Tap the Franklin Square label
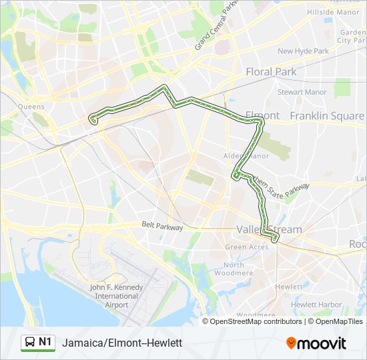[327, 116]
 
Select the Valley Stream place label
[269, 229]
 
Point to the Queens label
[31, 107]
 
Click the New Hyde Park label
[303, 51]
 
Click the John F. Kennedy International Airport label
[109, 296]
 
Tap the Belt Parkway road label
[162, 227]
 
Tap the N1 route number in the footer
[45, 342]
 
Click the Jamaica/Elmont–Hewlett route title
[121, 343]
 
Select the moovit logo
[316, 343]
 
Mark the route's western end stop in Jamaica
[93, 121]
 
